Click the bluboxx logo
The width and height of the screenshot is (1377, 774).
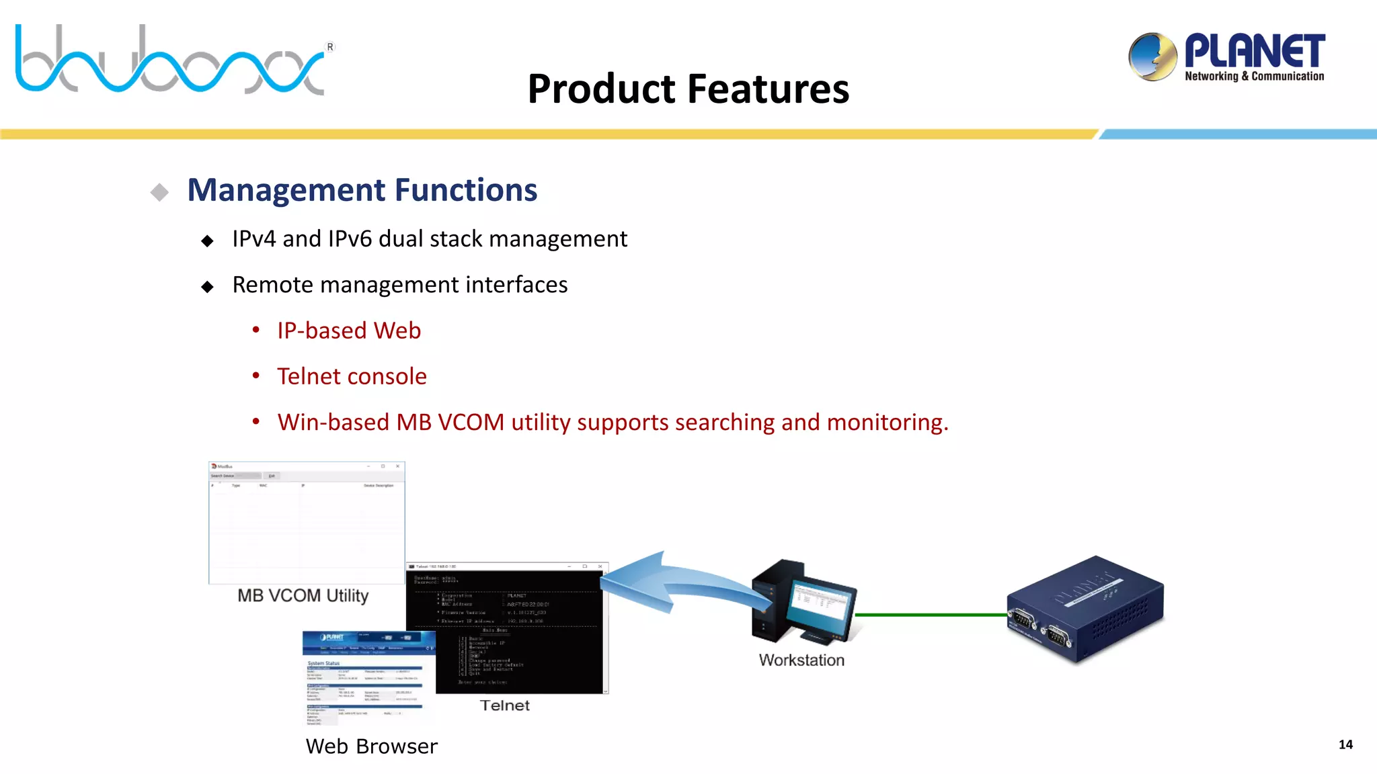(x=171, y=60)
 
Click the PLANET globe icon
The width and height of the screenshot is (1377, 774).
(x=1152, y=56)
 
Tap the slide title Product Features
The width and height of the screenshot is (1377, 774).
(x=688, y=89)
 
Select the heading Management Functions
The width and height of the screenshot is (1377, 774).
(x=362, y=190)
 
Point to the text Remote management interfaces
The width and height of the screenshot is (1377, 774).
(x=399, y=285)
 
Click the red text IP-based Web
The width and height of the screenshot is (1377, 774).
(x=349, y=331)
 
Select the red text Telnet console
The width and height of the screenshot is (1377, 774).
(x=352, y=376)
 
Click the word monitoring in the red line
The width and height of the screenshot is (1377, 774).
(x=887, y=423)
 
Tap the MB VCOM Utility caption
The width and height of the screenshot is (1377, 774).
(x=303, y=596)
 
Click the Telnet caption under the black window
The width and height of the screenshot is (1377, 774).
(x=504, y=705)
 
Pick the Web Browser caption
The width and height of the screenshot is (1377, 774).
(x=371, y=746)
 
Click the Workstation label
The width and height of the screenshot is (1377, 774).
(x=801, y=660)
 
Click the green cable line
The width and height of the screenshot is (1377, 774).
(x=931, y=614)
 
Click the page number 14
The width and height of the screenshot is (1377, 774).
(x=1345, y=744)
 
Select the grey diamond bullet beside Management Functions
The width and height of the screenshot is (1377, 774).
(x=159, y=192)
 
